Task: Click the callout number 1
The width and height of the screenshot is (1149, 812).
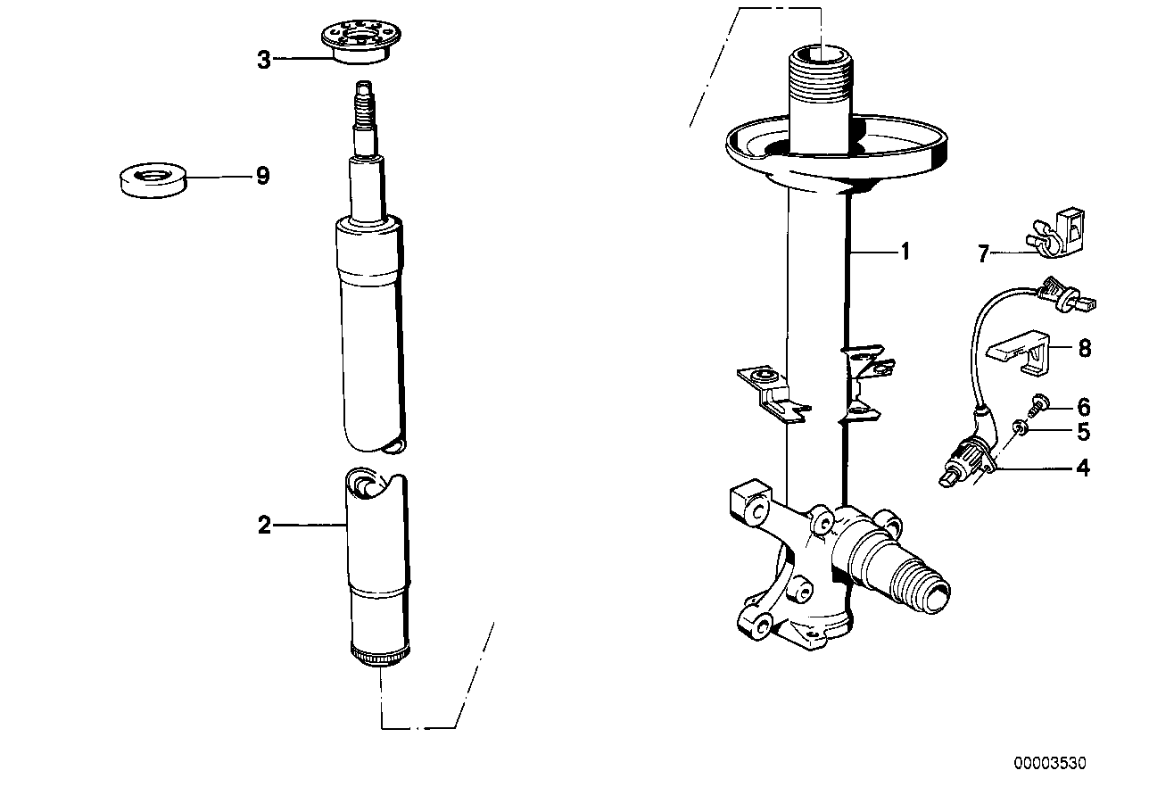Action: pyautogui.click(x=905, y=253)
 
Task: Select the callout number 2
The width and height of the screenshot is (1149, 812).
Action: pyautogui.click(x=264, y=526)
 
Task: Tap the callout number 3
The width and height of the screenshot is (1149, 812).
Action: pyautogui.click(x=263, y=60)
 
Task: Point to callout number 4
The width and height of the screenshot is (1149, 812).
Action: pyautogui.click(x=1083, y=467)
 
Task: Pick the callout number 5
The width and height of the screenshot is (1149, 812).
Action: pyautogui.click(x=1083, y=433)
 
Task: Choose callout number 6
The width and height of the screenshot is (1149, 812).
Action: pyautogui.click(x=1083, y=408)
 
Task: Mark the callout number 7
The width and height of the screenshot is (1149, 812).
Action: pyautogui.click(x=983, y=254)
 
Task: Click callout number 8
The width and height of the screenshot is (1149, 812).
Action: pyautogui.click(x=1084, y=348)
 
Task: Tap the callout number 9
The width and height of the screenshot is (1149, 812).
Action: pyautogui.click(x=262, y=176)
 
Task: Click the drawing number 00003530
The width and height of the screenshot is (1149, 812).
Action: pyautogui.click(x=1050, y=763)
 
